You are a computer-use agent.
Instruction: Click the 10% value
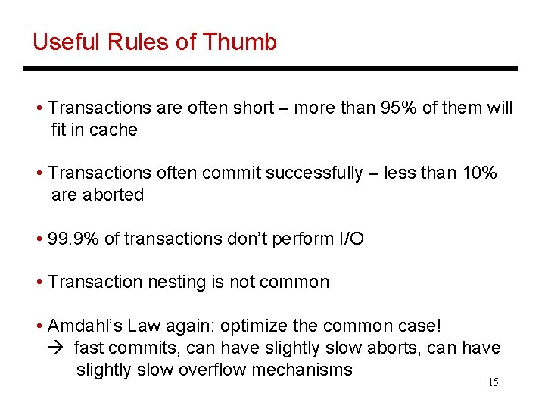tap(479, 173)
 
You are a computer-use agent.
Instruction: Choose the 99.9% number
tap(73, 239)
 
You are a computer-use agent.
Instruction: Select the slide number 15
tap(493, 382)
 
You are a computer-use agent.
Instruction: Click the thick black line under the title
tap(270, 68)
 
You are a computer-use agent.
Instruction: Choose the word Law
tap(144, 326)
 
